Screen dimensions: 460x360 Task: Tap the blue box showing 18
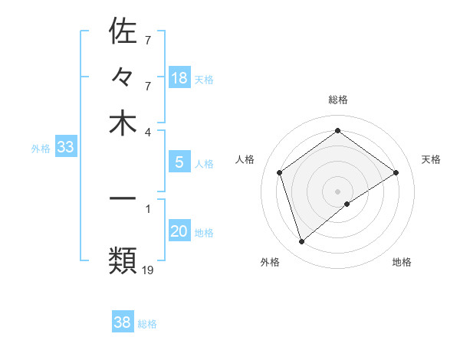click(x=179, y=78)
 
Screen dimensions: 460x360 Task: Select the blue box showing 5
click(x=179, y=162)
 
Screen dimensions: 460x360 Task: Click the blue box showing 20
click(x=179, y=231)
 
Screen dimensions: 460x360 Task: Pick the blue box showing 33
click(x=65, y=148)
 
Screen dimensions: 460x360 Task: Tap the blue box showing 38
click(x=123, y=323)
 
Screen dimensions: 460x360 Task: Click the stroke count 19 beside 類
click(x=149, y=269)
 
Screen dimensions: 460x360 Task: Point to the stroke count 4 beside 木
click(x=148, y=131)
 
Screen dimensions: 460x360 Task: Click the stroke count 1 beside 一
click(x=148, y=208)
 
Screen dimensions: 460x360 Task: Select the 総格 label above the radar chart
click(x=338, y=100)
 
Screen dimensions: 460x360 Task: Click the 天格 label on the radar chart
click(x=432, y=159)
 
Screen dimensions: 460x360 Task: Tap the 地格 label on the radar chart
click(x=402, y=262)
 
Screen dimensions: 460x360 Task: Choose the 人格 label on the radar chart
click(x=245, y=159)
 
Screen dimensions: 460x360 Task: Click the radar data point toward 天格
click(x=396, y=172)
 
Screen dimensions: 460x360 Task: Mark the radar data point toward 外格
click(x=302, y=242)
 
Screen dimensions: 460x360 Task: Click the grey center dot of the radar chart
click(x=338, y=191)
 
